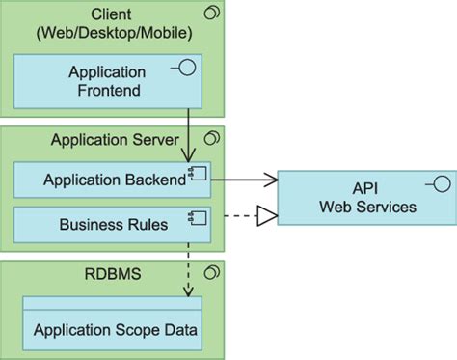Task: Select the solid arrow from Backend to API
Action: (246, 179)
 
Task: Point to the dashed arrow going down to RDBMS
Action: (187, 265)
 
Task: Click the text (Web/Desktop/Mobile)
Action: (115, 33)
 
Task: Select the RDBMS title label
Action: (115, 274)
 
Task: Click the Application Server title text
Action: (115, 140)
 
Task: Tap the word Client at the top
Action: (115, 14)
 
